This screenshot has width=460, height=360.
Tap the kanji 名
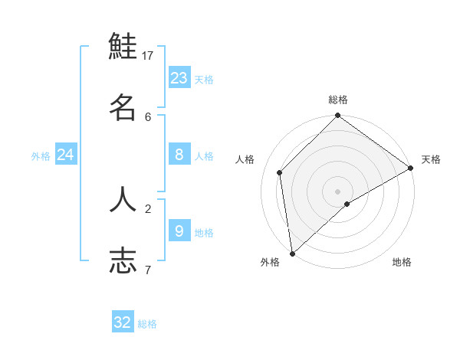[123, 107]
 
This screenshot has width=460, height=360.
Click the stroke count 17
[148, 55]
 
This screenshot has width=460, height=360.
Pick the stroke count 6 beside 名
[148, 116]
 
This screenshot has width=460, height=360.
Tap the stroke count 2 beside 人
[148, 208]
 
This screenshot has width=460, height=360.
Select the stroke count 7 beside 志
[148, 270]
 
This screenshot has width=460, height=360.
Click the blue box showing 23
[179, 77]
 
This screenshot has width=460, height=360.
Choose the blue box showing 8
[179, 155]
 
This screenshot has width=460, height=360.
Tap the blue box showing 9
[179, 231]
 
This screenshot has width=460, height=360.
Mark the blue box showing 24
[65, 155]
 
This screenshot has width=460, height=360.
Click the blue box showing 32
[123, 322]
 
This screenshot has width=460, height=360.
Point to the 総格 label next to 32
[148, 324]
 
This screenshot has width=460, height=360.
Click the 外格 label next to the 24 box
[41, 156]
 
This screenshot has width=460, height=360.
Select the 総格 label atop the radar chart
[338, 100]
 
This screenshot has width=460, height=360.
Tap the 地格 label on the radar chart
[402, 262]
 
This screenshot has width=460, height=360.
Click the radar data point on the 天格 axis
[410, 169]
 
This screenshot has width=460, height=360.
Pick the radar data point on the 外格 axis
[292, 254]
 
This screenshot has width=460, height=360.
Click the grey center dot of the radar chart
[337, 191]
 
